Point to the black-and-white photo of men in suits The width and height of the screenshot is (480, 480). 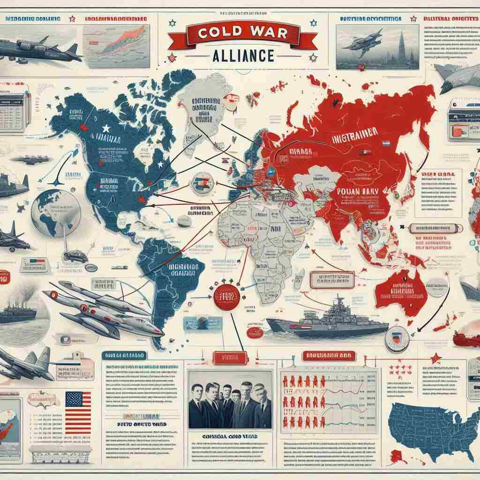(230, 399)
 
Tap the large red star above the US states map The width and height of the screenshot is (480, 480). (435, 358)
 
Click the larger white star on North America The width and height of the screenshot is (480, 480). (106, 127)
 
